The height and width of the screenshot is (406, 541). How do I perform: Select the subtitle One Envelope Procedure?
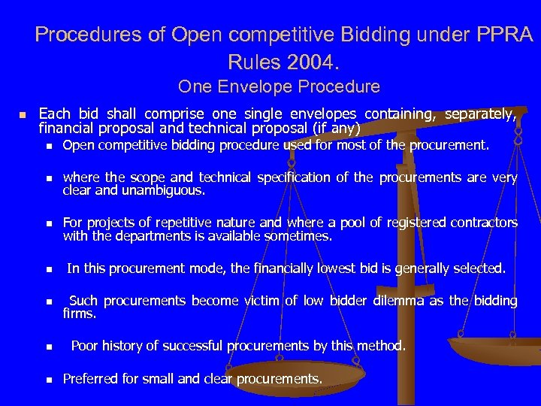279,86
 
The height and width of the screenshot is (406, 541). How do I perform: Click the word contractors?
481,223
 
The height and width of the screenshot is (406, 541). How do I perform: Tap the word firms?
79,314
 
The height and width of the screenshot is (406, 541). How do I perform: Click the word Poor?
84,347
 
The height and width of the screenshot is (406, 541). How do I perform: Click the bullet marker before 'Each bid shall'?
23,115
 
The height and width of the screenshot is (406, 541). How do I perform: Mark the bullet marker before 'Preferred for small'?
47,380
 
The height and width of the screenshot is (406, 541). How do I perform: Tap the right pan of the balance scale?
496,350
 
